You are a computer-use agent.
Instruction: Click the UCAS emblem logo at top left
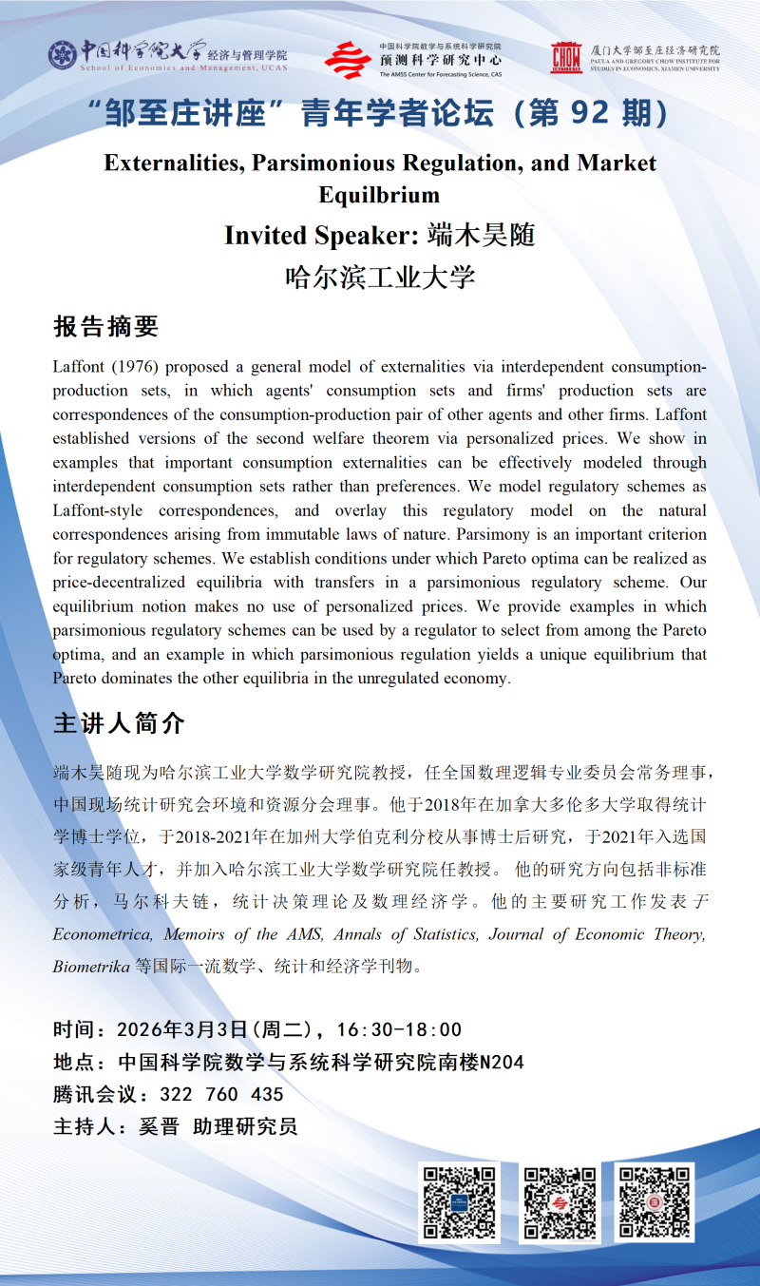tap(62, 55)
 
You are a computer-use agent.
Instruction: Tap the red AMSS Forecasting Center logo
tap(348, 60)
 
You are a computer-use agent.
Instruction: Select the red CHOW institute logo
tap(566, 58)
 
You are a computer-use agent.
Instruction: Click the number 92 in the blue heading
tap(598, 114)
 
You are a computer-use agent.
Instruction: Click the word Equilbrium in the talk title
tap(380, 195)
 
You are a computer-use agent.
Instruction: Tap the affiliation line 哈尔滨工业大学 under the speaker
tap(380, 277)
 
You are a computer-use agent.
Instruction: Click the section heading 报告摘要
tap(105, 327)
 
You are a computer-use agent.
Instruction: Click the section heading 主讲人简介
tap(119, 722)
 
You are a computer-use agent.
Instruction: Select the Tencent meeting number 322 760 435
tap(222, 1095)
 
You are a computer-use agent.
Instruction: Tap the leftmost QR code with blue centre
tap(461, 1203)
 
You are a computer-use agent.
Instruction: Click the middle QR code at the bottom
tap(560, 1203)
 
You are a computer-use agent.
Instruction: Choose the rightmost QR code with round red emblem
tap(654, 1203)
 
